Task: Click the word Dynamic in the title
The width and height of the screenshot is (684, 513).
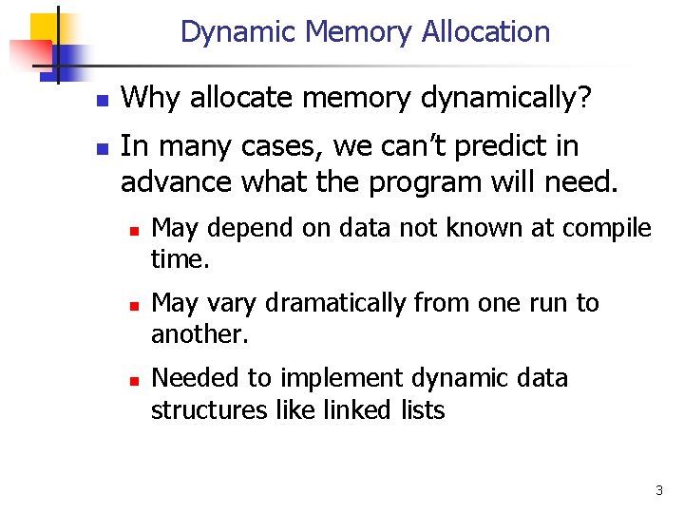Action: (237, 32)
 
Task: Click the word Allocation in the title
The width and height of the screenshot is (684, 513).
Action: (487, 32)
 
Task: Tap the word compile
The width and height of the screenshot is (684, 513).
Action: (611, 228)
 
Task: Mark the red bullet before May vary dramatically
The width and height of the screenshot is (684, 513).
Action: (134, 305)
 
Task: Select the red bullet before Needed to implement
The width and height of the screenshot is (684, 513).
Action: (134, 380)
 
